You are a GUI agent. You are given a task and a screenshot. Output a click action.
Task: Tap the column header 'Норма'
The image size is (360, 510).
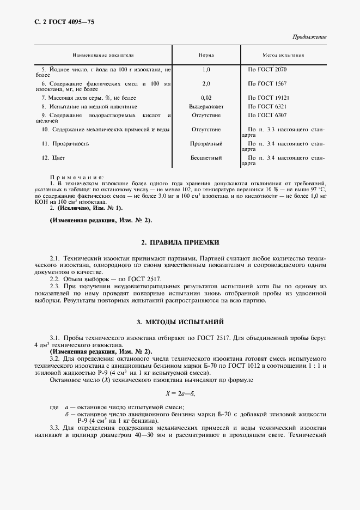pyautogui.click(x=206, y=56)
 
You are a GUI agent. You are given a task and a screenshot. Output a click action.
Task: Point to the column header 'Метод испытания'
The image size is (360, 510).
pyautogui.click(x=283, y=56)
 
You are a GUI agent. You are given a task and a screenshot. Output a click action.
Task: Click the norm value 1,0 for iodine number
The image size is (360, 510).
pyautogui.click(x=206, y=70)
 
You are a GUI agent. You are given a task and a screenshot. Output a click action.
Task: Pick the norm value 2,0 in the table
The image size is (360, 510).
pyautogui.click(x=206, y=83)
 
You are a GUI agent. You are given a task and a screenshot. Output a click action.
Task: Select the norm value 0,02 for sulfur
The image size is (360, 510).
pyautogui.click(x=206, y=97)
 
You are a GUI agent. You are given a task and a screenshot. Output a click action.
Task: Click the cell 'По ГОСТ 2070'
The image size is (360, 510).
pyautogui.click(x=267, y=70)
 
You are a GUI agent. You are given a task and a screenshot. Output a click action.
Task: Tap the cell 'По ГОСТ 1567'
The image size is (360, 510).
pyautogui.click(x=267, y=83)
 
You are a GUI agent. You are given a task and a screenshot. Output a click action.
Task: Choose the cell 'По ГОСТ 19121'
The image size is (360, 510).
pyautogui.click(x=269, y=97)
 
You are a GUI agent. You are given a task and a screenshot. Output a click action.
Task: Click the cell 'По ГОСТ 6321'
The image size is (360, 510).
pyautogui.click(x=267, y=107)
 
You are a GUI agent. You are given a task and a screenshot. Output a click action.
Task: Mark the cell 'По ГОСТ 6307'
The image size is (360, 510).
pyautogui.click(x=267, y=116)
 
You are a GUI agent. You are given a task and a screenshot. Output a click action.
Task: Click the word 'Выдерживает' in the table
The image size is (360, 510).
pyautogui.click(x=206, y=107)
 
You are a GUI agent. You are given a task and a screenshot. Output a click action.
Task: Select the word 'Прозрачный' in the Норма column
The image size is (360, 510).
pyautogui.click(x=206, y=143)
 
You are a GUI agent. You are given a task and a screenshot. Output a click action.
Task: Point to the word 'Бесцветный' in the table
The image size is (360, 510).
pyautogui.click(x=206, y=158)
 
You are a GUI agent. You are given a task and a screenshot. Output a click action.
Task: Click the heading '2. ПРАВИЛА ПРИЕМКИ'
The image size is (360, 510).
pyautogui.click(x=180, y=241)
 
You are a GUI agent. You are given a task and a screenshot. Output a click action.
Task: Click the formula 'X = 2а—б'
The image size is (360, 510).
pyautogui.click(x=180, y=392)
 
